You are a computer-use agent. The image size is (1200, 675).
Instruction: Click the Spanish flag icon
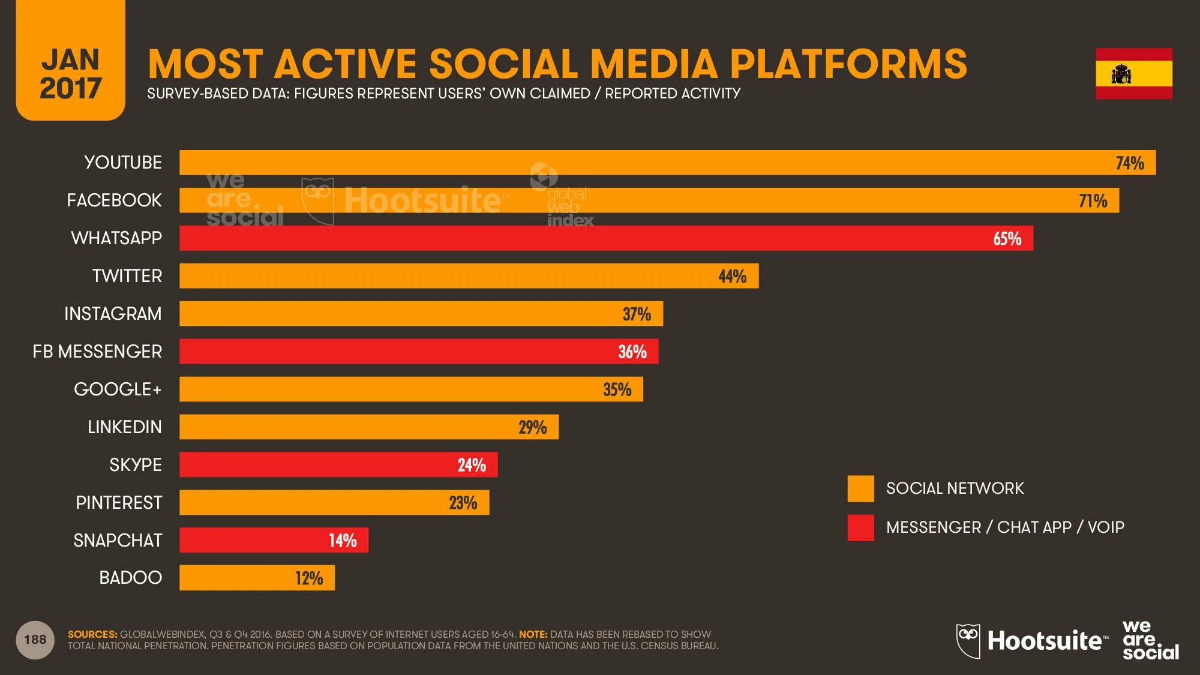1133,74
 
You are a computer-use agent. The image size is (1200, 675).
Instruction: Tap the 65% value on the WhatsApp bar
1007,239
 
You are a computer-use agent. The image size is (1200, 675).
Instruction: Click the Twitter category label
127,276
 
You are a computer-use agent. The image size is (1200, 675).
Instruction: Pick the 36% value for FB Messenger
632,352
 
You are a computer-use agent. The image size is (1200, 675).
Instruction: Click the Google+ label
118,389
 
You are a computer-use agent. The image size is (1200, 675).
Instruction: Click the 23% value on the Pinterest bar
463,503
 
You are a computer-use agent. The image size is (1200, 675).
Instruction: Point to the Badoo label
130,578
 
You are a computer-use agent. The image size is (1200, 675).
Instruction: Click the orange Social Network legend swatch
860,488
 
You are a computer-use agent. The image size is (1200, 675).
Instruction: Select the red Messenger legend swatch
860,527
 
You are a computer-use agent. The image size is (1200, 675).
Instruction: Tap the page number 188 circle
35,640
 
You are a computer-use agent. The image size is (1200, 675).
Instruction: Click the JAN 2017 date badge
71,73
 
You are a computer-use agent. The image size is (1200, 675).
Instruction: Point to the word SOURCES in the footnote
92,634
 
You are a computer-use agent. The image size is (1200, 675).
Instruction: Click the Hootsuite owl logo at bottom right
968,641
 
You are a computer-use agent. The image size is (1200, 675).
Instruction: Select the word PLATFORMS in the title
848,64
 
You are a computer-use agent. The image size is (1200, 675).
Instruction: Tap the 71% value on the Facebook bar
1093,201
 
